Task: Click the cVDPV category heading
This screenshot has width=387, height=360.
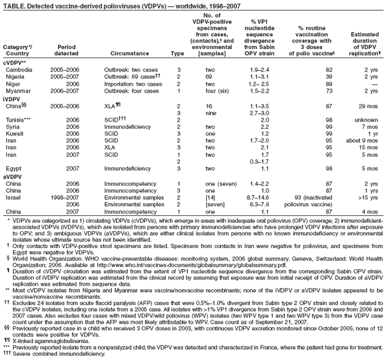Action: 15,63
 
